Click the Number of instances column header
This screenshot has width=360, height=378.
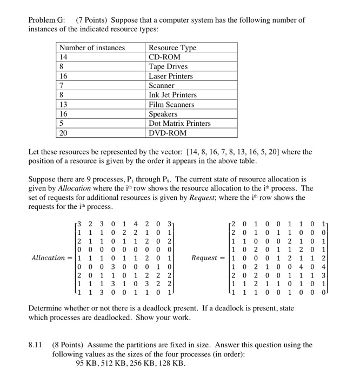coord(92,48)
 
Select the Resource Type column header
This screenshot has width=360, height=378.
coord(172,48)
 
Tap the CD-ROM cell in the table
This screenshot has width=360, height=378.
coord(164,57)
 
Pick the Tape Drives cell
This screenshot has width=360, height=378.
coord(168,66)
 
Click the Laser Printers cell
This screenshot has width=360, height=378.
coord(171,76)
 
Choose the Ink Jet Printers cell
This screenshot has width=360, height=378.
coord(172,95)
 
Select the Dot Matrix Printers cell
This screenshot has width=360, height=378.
coord(179,123)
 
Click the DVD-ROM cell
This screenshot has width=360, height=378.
coord(167,133)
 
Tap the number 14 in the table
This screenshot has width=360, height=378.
coord(64,57)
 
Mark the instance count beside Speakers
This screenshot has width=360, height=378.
coord(64,114)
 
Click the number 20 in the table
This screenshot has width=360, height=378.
coord(64,133)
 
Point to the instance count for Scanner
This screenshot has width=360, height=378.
coord(62,85)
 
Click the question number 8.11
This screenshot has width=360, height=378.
coord(36,345)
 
